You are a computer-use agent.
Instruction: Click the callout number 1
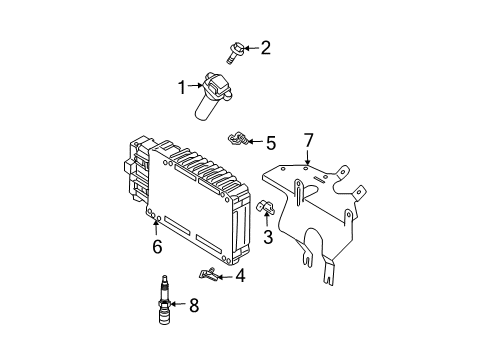pyautogui.click(x=182, y=87)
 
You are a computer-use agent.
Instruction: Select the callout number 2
pyautogui.click(x=266, y=48)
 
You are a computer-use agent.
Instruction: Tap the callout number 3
pyautogui.click(x=268, y=237)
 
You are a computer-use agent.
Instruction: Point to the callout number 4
pyautogui.click(x=240, y=276)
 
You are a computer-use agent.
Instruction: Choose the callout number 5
pyautogui.click(x=271, y=143)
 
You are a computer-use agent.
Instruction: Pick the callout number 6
pyautogui.click(x=157, y=247)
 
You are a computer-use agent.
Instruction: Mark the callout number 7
pyautogui.click(x=309, y=140)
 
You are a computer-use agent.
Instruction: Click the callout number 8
pyautogui.click(x=194, y=305)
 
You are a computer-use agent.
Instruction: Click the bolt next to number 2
pyautogui.click(x=235, y=52)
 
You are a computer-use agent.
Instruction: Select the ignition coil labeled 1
pyautogui.click(x=212, y=95)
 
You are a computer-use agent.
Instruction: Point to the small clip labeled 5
pyautogui.click(x=238, y=138)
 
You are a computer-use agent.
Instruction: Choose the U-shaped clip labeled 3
pyautogui.click(x=266, y=207)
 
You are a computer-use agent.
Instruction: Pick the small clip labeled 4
pyautogui.click(x=208, y=274)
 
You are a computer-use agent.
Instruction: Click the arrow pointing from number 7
pyautogui.click(x=308, y=157)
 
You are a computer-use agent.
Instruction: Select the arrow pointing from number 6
pyautogui.click(x=156, y=227)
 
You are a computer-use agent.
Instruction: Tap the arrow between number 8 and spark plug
pyautogui.click(x=178, y=304)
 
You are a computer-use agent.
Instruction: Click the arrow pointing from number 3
pyautogui.click(x=267, y=219)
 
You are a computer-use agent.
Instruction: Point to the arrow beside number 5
pyautogui.click(x=255, y=141)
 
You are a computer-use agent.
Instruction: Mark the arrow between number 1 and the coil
pyautogui.click(x=195, y=86)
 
